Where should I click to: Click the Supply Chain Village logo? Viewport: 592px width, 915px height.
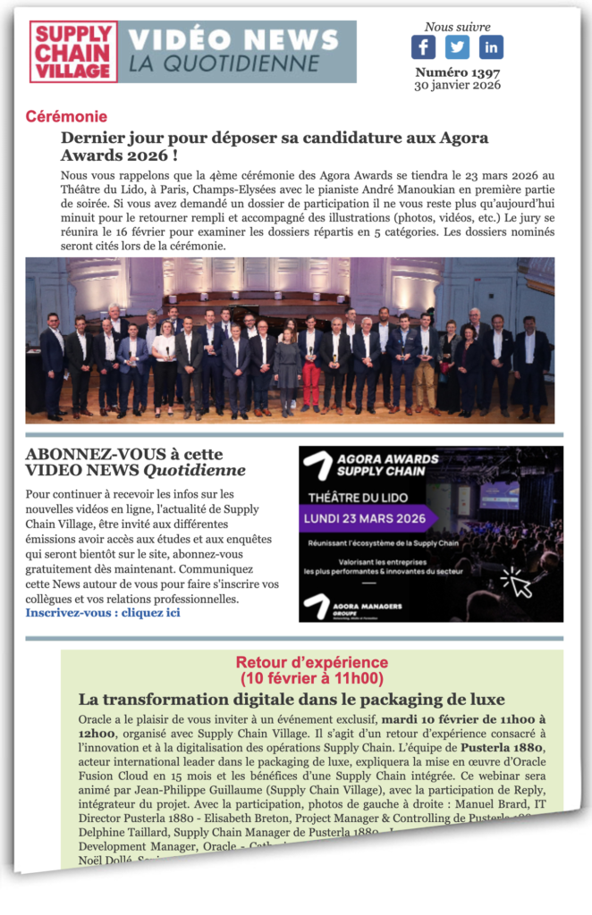click(73, 52)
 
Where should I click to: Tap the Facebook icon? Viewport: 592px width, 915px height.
click(423, 46)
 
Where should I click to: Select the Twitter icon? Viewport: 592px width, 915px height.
click(457, 46)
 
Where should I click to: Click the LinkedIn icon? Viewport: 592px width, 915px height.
click(491, 46)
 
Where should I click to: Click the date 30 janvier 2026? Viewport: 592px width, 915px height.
click(457, 85)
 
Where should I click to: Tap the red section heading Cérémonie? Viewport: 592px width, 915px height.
click(66, 116)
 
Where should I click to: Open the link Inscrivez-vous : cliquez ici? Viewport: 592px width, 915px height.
click(103, 612)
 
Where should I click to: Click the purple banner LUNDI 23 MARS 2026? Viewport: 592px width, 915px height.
click(368, 518)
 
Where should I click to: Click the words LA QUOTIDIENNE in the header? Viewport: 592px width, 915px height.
click(224, 63)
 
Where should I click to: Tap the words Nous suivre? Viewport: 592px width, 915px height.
click(457, 27)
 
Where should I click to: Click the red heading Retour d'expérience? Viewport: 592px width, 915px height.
click(311, 662)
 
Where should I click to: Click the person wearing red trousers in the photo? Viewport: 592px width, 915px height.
click(310, 371)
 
